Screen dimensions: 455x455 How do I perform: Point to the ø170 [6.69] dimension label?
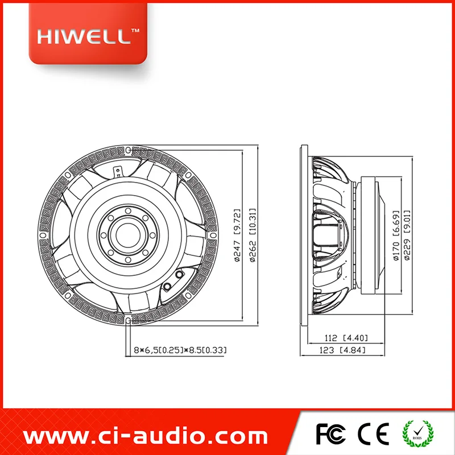[396, 233]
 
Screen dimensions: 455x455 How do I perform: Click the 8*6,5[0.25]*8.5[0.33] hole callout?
[180, 351]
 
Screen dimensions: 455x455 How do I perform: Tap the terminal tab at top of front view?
[118, 169]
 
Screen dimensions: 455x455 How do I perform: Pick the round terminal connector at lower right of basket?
[180, 275]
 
